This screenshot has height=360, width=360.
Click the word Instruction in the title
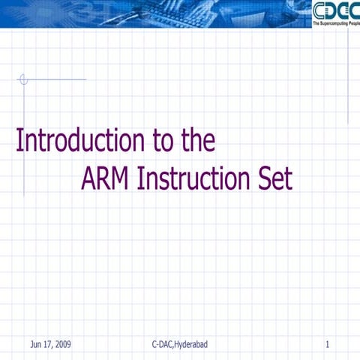pos(194,179)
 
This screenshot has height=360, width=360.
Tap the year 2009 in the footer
pos(63,344)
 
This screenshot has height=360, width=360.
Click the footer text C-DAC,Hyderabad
pos(179,344)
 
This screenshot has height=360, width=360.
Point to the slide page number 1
pos(328,344)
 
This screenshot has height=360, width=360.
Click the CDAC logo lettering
pos(334,11)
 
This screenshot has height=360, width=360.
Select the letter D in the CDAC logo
pos(331,11)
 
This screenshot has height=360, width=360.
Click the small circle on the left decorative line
pos(23,79)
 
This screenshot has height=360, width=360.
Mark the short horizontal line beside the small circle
pos(57,79)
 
